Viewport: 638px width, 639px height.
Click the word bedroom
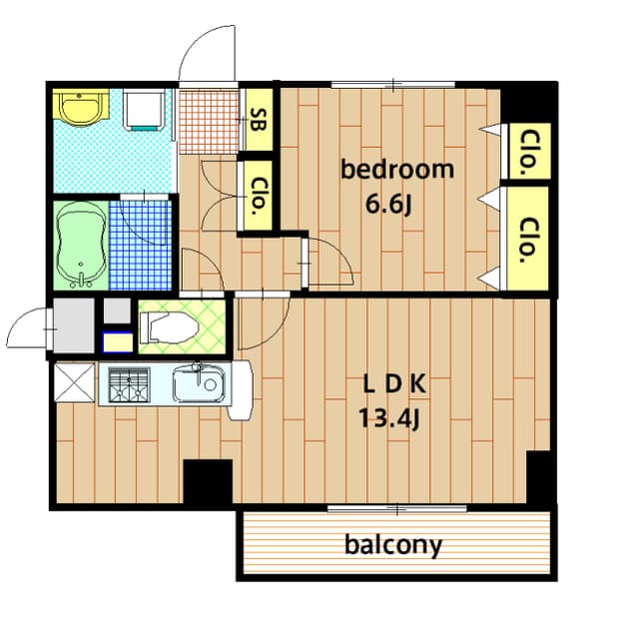pos(396,170)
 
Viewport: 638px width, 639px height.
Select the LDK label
pos(394,382)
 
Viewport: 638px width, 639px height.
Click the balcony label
pos(393,546)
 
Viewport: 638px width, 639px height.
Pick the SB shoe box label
pos(257,120)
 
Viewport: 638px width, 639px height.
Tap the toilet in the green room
pos(168,326)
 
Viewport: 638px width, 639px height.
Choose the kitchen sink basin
pos(200,384)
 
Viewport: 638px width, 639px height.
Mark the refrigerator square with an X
pos(73,381)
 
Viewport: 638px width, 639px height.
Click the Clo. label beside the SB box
pos(257,196)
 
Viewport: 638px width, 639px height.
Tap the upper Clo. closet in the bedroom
pos(528,152)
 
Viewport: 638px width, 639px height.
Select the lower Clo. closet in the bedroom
pos(528,240)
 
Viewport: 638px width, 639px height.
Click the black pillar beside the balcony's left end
pos(208,483)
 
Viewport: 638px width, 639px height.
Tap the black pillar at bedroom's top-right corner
pos(528,103)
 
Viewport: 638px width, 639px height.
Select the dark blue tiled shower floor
pos(140,247)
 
